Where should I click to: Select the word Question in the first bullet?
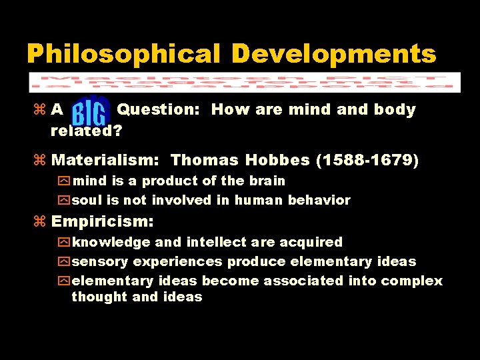coord(159,109)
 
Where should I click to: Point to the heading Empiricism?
coord(102,221)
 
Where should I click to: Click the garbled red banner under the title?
coord(245,82)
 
